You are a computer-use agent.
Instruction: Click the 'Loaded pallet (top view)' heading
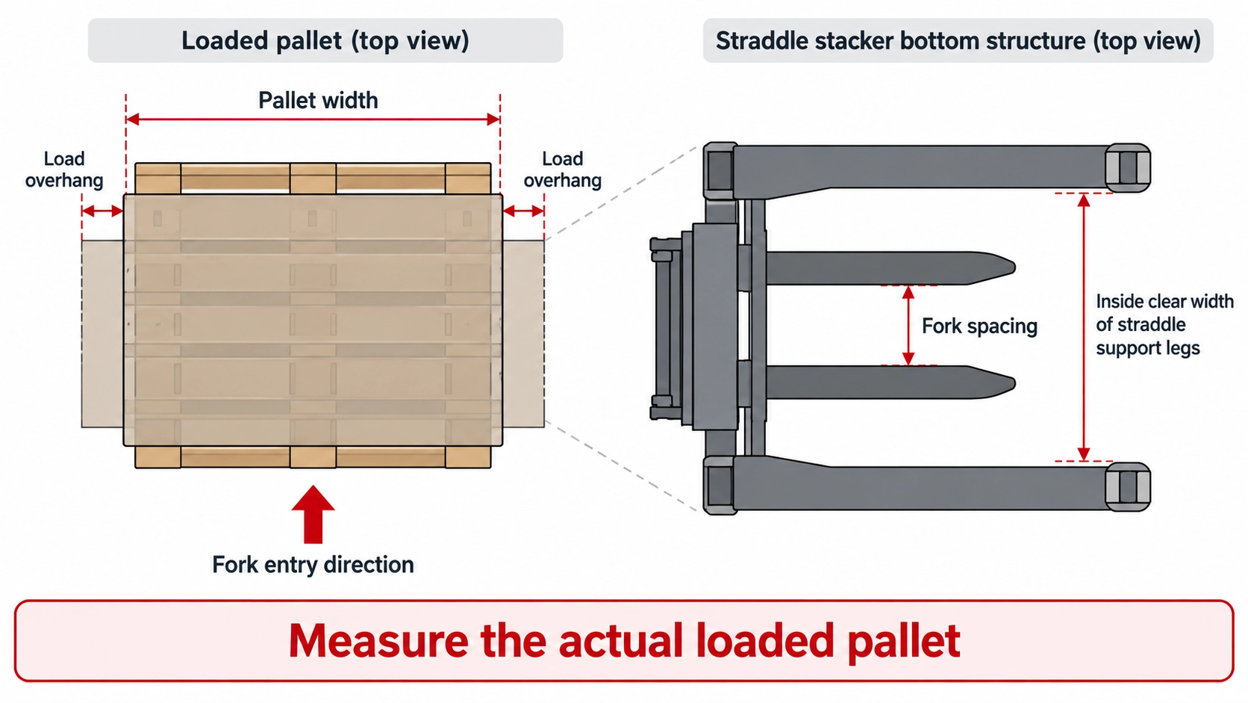325,40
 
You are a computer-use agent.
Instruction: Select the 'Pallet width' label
318,100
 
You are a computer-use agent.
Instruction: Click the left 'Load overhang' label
64,170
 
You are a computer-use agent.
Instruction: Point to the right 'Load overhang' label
563,170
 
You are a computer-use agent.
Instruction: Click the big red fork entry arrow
313,514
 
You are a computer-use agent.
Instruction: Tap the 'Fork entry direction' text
313,565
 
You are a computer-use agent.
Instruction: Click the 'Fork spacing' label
979,326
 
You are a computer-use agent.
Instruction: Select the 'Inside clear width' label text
1164,324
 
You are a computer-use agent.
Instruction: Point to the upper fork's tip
1014,268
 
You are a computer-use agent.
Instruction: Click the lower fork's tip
1014,383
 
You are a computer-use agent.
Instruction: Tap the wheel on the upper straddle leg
1129,168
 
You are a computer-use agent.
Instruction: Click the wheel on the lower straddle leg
1129,486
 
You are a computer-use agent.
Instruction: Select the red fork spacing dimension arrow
908,326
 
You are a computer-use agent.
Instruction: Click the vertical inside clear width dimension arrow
1084,327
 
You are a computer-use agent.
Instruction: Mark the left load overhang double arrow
102,211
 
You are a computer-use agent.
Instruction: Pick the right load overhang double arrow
523,211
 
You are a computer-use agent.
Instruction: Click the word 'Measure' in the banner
378,640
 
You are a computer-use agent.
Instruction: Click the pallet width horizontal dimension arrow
313,119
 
